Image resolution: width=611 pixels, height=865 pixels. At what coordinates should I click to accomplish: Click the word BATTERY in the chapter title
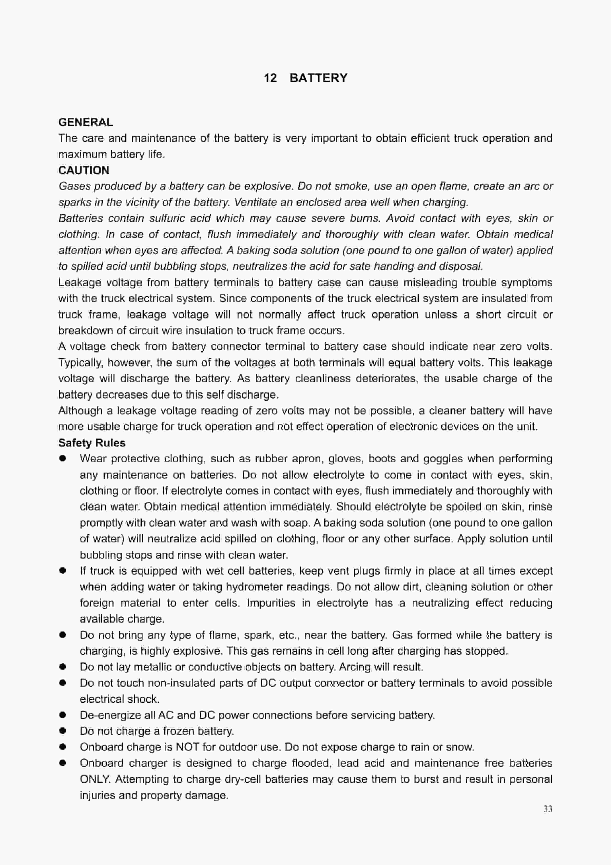tap(318, 78)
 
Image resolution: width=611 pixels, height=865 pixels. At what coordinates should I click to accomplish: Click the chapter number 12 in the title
tap(270, 78)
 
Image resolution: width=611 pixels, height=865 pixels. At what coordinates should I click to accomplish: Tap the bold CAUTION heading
tap(84, 170)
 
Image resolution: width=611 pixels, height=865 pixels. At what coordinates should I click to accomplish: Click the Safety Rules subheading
tap(92, 443)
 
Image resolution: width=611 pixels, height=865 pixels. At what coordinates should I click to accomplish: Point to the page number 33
tap(548, 809)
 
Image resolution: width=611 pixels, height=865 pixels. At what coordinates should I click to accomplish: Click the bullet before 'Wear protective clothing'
tap(63, 458)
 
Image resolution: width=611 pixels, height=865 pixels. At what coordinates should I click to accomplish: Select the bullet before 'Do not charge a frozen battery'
tap(63, 731)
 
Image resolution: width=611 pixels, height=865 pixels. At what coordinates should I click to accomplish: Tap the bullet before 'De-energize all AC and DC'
tap(63, 715)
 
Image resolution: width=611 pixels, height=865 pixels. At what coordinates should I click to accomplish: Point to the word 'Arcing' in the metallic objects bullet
tap(355, 667)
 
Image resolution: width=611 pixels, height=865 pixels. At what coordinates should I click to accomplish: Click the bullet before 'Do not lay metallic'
tap(63, 667)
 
